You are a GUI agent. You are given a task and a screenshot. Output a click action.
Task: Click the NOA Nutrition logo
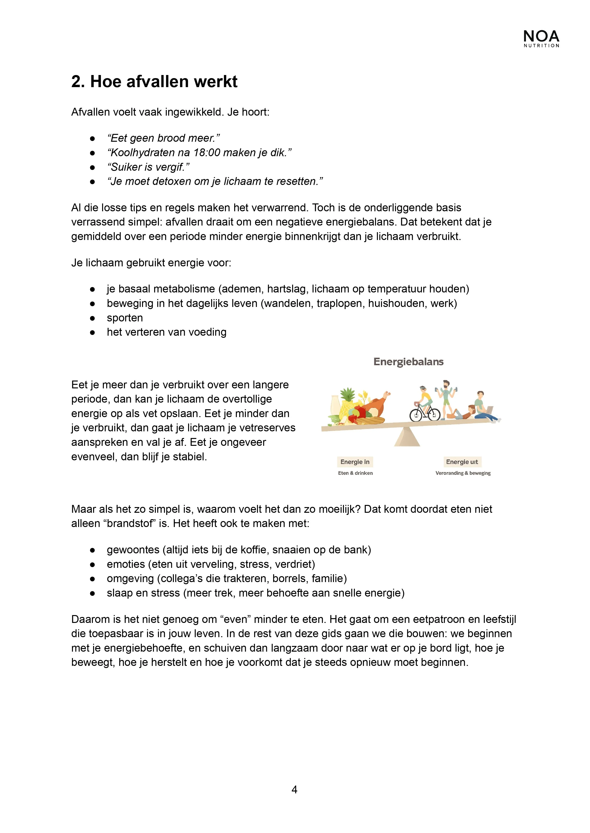click(x=541, y=38)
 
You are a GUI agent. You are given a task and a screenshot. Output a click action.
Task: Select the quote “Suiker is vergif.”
click(x=148, y=167)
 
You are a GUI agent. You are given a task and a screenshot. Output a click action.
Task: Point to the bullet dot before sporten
click(x=92, y=318)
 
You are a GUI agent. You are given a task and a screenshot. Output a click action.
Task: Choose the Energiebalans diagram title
click(x=408, y=362)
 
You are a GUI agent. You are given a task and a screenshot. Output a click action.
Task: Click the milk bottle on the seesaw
click(x=335, y=406)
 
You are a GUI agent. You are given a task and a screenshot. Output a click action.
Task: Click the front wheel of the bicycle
click(x=433, y=415)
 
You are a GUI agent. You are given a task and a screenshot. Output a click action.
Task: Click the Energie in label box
click(x=355, y=462)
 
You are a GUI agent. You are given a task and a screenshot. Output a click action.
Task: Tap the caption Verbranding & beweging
click(x=463, y=473)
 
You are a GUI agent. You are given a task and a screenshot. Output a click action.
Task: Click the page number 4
click(x=294, y=789)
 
